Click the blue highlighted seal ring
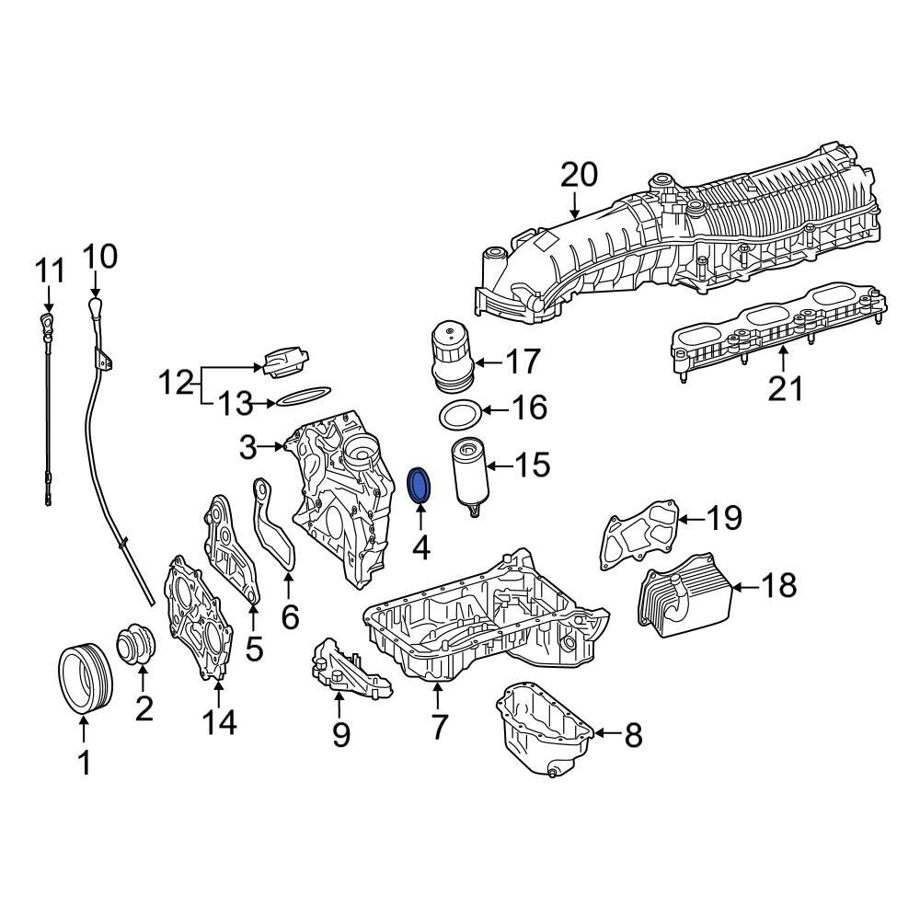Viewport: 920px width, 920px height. coord(419,486)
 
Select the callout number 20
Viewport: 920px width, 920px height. coord(579,174)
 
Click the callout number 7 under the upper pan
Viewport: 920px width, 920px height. coord(439,727)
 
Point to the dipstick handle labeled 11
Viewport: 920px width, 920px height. coord(46,322)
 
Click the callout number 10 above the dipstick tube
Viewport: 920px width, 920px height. coord(101,257)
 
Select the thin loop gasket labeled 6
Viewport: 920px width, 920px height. coord(275,534)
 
